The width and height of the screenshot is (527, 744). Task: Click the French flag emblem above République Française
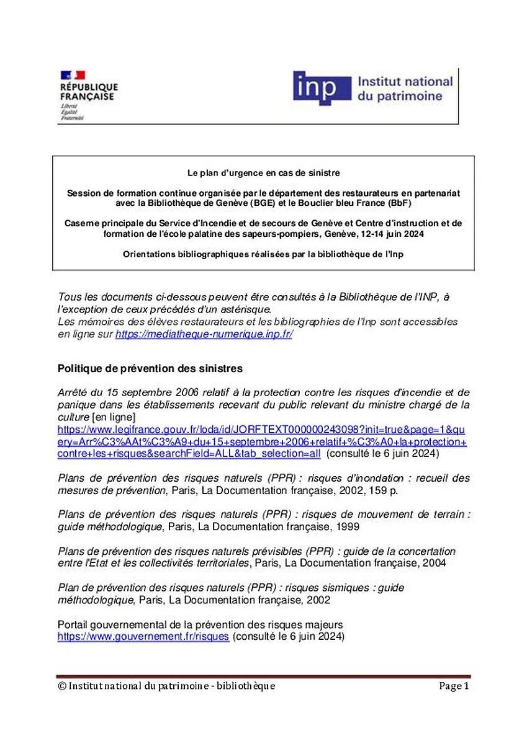pyautogui.click(x=73, y=76)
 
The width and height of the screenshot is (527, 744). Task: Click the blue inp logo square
pyautogui.click(x=323, y=87)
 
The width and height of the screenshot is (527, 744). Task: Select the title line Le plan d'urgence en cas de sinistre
pyautogui.click(x=263, y=172)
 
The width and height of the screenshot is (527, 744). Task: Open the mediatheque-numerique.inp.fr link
pyautogui.click(x=204, y=334)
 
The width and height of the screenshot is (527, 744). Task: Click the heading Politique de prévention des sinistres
pyautogui.click(x=150, y=368)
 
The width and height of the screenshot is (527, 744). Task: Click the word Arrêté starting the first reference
pyautogui.click(x=74, y=392)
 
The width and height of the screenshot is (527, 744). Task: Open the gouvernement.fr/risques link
pyautogui.click(x=143, y=636)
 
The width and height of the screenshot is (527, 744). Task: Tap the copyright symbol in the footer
pyautogui.click(x=61, y=686)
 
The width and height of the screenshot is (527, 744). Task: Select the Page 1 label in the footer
pyautogui.click(x=454, y=686)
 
